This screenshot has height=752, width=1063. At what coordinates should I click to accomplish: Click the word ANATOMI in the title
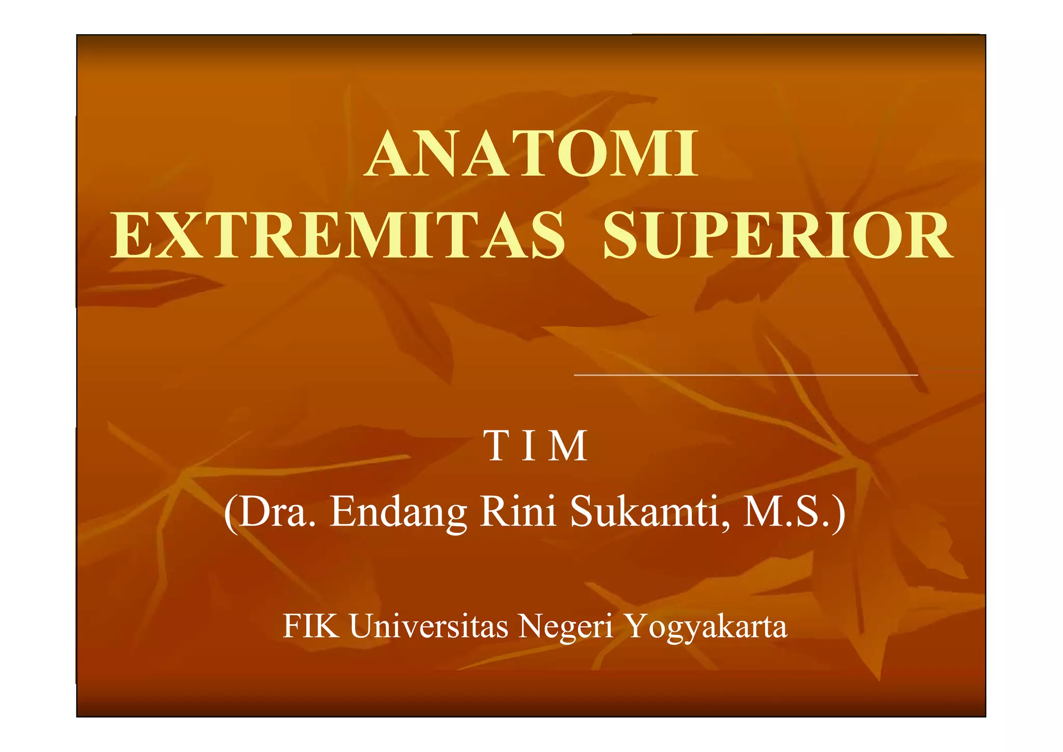pos(531,154)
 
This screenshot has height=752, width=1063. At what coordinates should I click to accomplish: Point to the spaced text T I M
pos(535,446)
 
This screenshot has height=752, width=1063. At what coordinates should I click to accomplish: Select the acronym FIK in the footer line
pos(311,626)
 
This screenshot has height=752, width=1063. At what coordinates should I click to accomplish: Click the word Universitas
pos(429,626)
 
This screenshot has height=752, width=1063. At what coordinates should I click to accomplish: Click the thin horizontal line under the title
pos(746,374)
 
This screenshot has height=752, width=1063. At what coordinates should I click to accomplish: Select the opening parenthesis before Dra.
pos(230,513)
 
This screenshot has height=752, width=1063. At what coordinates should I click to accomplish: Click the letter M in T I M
pos(569,446)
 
